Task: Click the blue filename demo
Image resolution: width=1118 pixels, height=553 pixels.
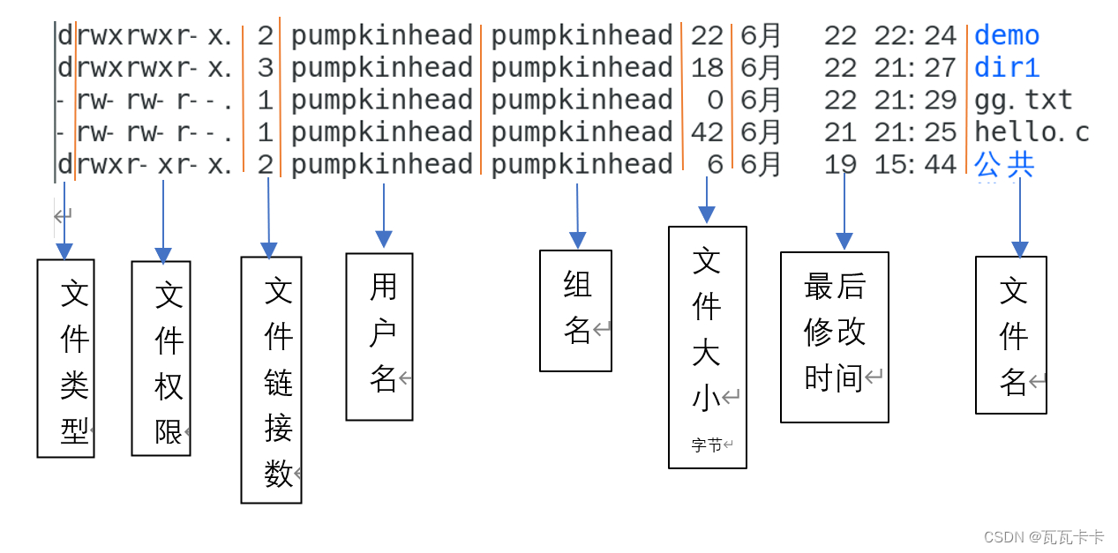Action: point(1007,36)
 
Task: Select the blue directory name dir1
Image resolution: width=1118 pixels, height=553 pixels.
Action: point(1007,68)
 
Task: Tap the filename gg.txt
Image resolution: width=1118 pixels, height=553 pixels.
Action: point(1023,101)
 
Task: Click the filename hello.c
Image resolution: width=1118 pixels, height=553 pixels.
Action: point(1032,132)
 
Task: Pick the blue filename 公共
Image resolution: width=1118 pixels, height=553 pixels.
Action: point(1004,165)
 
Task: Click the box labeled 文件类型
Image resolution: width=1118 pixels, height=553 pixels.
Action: point(65,358)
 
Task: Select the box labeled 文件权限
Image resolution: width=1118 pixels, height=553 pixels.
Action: point(161,358)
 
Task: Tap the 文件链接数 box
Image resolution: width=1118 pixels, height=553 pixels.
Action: point(271,379)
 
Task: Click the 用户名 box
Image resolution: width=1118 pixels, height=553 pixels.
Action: point(379,336)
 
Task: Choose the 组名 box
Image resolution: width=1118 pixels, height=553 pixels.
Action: point(575,310)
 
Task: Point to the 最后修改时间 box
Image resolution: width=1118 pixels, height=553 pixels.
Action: point(834,337)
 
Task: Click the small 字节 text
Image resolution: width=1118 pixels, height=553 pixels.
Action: point(707,445)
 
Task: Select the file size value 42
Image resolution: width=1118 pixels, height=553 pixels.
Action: point(707,132)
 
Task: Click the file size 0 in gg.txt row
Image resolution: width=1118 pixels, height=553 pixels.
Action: point(715,101)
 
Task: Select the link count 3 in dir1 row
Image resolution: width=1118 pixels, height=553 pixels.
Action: point(266,68)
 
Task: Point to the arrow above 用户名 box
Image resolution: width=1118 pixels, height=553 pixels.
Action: point(384,216)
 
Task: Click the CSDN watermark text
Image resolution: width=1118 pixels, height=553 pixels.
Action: point(1043,536)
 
